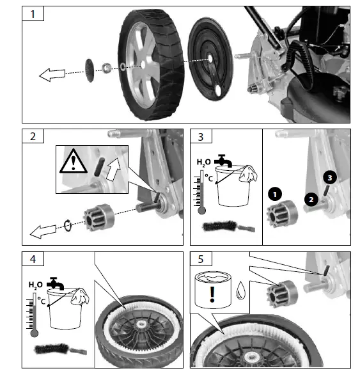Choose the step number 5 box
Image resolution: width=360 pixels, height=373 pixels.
pyautogui.click(x=201, y=260)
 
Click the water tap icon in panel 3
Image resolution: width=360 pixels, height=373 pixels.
pyautogui.click(x=223, y=160)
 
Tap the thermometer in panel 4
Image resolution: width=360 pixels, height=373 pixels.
pyautogui.click(x=34, y=313)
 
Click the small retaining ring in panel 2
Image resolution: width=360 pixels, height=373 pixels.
pyautogui.click(x=67, y=224)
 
